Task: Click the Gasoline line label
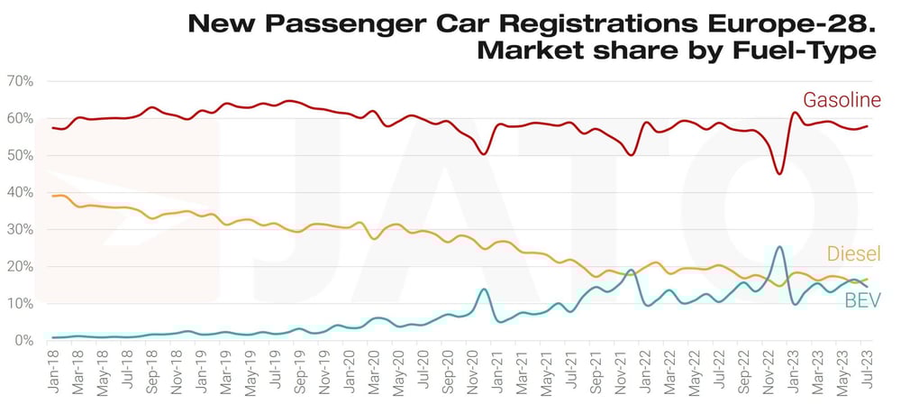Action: point(841,100)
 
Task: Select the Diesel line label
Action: point(851,253)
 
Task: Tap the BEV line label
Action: point(861,300)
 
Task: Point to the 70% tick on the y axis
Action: point(19,81)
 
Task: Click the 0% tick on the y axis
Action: point(23,341)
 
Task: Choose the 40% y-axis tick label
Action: point(19,192)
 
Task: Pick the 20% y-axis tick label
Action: point(19,267)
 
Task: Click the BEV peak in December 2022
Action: point(779,246)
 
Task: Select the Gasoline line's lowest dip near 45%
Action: point(779,173)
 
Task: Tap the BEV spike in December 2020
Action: point(484,289)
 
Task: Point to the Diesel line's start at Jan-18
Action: point(54,196)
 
